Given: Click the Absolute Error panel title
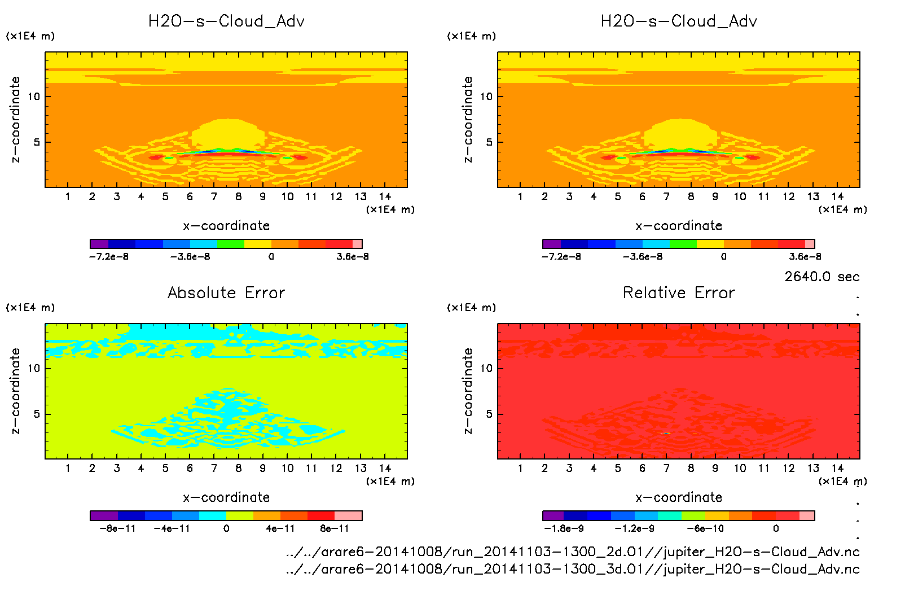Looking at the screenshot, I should coord(226,292).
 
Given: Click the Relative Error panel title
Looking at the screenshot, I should coord(679,292).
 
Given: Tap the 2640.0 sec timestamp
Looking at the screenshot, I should coord(821,277).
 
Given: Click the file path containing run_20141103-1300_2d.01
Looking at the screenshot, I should coord(573,552).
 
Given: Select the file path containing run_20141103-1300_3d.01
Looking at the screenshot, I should coord(573,568).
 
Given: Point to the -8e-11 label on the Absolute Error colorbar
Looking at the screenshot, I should coord(118,528).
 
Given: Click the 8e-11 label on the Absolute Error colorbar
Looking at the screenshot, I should coord(335,528).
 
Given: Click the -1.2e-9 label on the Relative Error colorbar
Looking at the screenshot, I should coord(635,528).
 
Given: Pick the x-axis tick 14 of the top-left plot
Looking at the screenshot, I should coord(385,196).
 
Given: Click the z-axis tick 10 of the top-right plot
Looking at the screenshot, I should coord(486,97).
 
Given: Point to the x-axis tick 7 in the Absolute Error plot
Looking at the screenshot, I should coord(214,468).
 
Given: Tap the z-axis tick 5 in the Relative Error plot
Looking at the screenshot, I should coord(489,414).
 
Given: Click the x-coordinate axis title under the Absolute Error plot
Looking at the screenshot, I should coord(226,497).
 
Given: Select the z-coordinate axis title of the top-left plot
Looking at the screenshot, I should coord(15,120).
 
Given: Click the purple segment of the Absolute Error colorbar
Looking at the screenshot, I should coord(104,515).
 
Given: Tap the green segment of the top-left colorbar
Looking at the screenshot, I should coord(230,244).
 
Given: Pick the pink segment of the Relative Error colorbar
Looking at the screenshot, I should coord(807,515).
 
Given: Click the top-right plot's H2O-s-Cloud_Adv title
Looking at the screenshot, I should coord(679,21).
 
